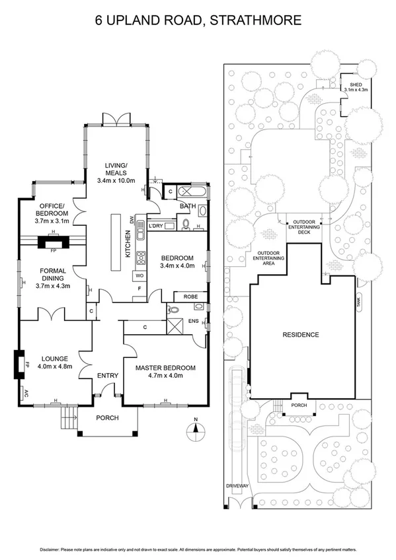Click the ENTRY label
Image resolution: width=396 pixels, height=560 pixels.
[x=107, y=376]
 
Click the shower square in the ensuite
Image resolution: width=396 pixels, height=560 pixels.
[x=176, y=325]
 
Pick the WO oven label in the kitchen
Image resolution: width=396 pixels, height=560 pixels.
[x=139, y=275]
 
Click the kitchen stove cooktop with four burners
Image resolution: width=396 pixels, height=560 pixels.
[x=140, y=258]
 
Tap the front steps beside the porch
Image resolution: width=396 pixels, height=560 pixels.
[x=67, y=417]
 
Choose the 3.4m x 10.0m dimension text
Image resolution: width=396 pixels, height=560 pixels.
[x=116, y=180]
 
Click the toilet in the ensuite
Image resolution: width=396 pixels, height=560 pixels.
[x=173, y=308]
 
